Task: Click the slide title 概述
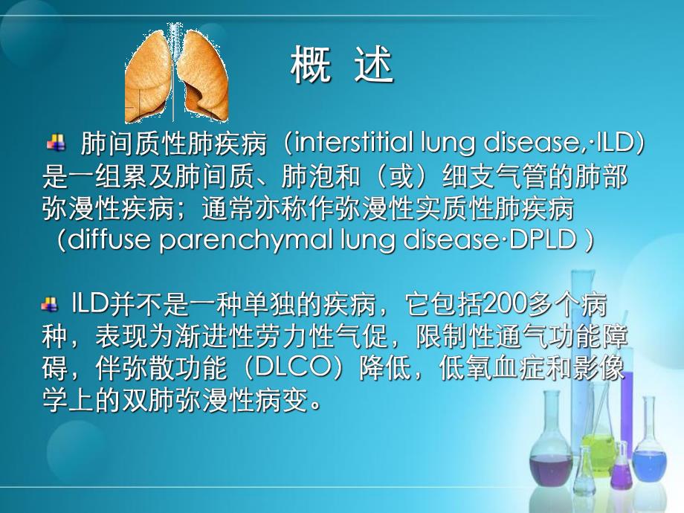pos(341,67)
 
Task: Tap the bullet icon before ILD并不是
pos(51,303)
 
